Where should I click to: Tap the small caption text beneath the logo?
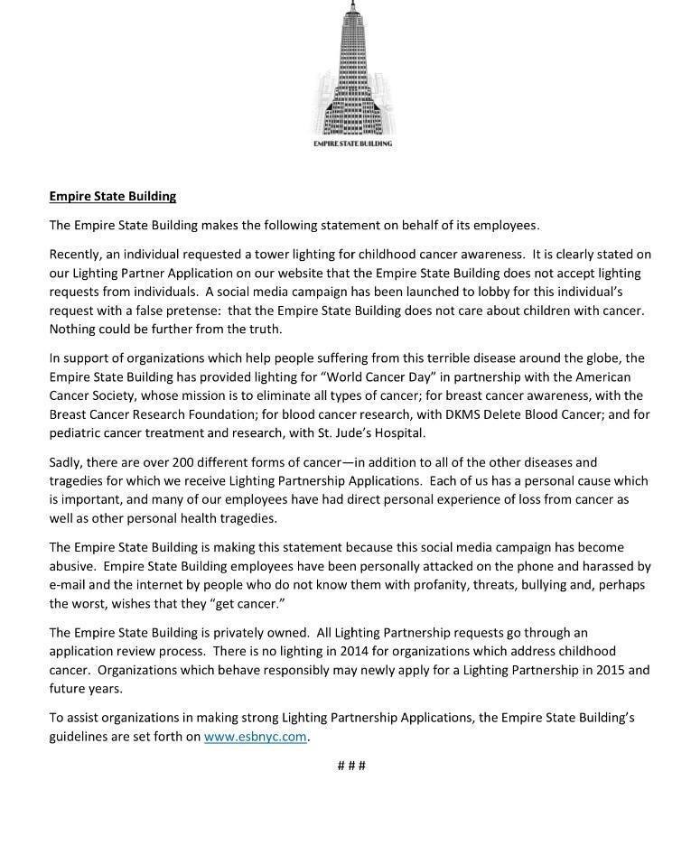click(x=352, y=144)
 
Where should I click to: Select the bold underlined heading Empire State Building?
click(x=113, y=196)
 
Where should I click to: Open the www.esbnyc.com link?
click(x=256, y=736)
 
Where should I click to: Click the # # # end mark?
click(x=351, y=766)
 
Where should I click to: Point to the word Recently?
click(x=78, y=255)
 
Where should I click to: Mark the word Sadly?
click(x=68, y=462)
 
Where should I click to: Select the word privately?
click(x=247, y=632)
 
